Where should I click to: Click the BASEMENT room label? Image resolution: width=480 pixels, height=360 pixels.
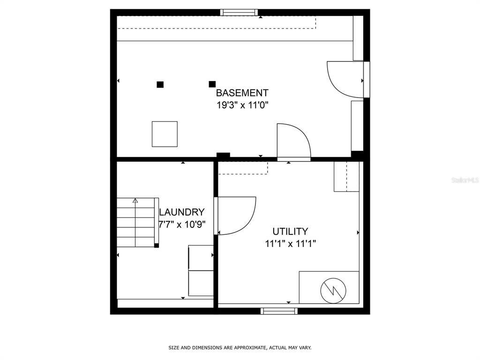coord(242,93)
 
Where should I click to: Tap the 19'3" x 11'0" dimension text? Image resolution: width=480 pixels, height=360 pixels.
coord(242,105)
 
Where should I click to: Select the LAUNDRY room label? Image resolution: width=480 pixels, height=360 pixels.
coord(181,212)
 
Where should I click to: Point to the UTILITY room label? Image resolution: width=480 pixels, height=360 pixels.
coord(290,231)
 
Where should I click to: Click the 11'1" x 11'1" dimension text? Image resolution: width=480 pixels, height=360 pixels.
coord(290,244)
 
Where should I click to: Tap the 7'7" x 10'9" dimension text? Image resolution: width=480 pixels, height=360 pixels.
coord(182,225)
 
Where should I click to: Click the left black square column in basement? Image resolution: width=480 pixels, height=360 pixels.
coord(160,84)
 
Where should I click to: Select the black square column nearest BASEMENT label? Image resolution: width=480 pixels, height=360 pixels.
coord(212,84)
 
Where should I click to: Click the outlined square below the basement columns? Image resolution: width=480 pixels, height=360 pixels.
coord(165,134)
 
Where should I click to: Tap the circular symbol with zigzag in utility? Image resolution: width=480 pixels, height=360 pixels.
coord(333,291)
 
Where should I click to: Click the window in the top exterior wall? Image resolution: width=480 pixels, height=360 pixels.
coord(239,12)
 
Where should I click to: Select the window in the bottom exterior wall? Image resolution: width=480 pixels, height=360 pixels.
coord(279,311)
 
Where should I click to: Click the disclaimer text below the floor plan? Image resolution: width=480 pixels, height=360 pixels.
coord(240,347)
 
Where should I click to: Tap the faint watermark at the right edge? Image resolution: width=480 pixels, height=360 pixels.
coord(465,180)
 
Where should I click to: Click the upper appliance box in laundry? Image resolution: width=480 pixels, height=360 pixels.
coord(201,258)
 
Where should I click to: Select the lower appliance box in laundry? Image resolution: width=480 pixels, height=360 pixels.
coord(201,284)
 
